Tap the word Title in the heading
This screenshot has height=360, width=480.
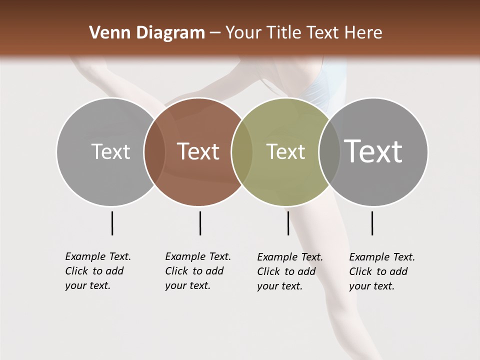pos(283,33)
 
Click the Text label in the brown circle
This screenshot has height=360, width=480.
pos(198,151)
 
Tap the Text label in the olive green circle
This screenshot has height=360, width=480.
pos(285,152)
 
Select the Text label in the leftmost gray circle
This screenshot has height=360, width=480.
pos(110,151)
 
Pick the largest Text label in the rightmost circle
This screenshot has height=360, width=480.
pos(373,151)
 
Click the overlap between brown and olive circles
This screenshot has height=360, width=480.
pos(241,152)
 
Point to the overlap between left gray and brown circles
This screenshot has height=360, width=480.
pos(154,152)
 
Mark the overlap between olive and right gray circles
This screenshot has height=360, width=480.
pos(329,152)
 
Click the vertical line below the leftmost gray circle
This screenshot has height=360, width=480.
pos(112,223)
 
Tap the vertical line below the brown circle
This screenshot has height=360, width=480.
pos(200,223)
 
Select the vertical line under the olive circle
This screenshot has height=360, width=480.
pos(288,223)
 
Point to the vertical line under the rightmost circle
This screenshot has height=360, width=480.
pos(372,223)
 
